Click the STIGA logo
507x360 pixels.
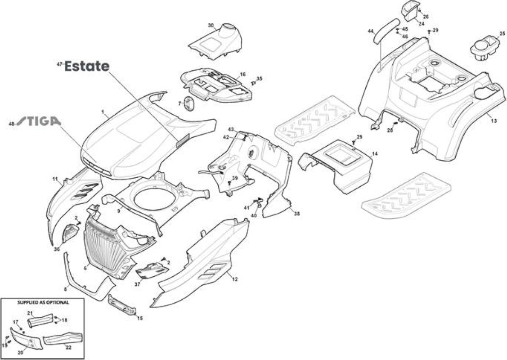click(39, 121)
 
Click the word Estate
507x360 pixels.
click(87, 66)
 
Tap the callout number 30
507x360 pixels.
click(211, 25)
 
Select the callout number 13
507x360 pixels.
click(494, 121)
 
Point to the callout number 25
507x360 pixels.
click(502, 33)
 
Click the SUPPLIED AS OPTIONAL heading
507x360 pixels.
click(43, 303)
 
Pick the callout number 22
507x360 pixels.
click(68, 348)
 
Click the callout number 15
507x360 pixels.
click(139, 318)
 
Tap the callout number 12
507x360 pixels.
click(235, 279)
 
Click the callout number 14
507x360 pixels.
click(374, 154)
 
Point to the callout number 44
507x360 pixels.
click(371, 31)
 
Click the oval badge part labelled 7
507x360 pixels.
click(189, 104)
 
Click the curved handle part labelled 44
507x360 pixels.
click(386, 31)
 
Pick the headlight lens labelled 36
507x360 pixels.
click(70, 233)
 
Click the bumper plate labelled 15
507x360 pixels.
click(122, 305)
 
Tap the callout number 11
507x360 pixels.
click(55, 179)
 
